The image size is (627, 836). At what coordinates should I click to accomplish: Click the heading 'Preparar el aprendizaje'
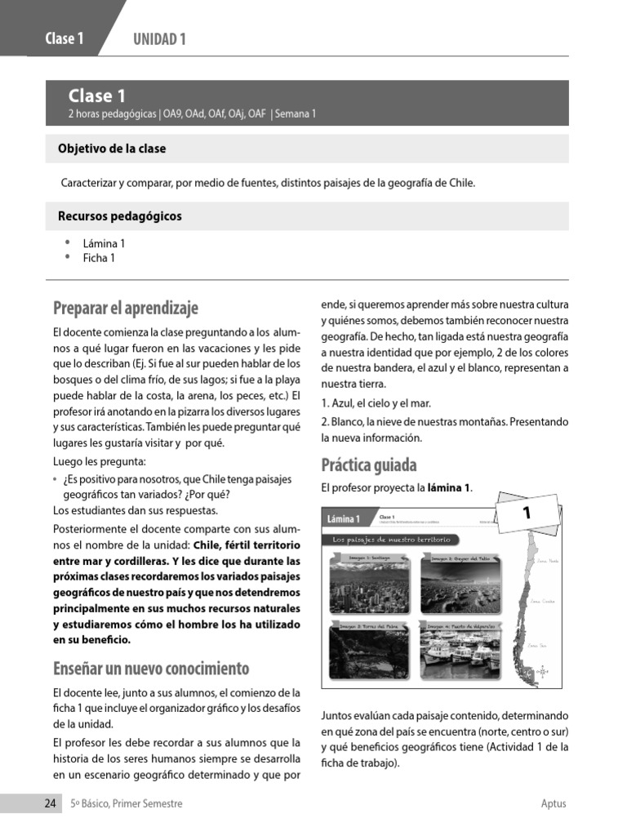click(x=126, y=308)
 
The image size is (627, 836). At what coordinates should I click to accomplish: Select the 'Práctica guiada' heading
click(x=368, y=465)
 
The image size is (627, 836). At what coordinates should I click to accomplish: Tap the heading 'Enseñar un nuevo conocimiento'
click(x=151, y=669)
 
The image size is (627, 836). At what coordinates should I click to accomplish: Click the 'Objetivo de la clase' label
click(x=112, y=149)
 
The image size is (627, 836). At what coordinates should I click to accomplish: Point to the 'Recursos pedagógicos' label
click(x=120, y=216)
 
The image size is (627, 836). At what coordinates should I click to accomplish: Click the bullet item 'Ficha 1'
click(x=99, y=258)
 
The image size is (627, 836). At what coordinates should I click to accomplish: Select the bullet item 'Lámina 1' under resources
click(x=104, y=243)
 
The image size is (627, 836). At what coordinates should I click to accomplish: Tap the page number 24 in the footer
click(x=50, y=803)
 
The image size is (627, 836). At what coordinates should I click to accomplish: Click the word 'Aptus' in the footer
click(x=553, y=803)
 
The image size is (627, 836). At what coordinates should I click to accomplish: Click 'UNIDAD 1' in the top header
click(x=159, y=39)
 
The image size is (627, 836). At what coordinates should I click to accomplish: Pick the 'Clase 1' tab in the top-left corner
click(x=64, y=39)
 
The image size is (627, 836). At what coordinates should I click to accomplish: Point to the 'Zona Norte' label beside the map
click(x=547, y=562)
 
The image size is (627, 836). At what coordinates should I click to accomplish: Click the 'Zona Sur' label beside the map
click(x=537, y=645)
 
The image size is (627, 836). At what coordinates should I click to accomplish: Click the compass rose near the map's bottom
click(x=541, y=672)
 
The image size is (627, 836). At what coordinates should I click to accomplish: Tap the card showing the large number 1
click(x=527, y=514)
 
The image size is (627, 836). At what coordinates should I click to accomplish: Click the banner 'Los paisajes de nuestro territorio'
click(x=391, y=540)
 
